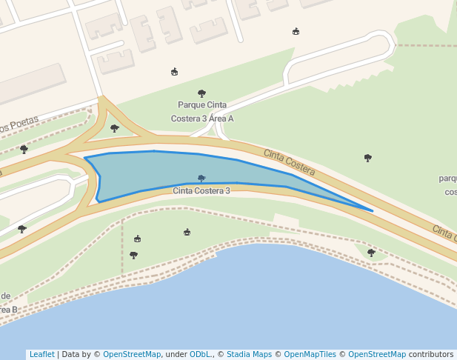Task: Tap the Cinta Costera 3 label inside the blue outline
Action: coord(201,191)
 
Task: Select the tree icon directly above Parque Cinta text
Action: coord(201,93)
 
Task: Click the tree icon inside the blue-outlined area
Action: coord(201,179)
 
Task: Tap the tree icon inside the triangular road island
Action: coord(114,128)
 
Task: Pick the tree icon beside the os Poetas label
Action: coord(24,149)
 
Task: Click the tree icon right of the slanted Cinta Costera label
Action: coord(367,158)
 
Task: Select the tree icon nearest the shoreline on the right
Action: coord(371,253)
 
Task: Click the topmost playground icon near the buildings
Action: coord(296,31)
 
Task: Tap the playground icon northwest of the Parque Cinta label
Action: coord(174,72)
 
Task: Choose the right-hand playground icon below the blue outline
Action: coord(187,233)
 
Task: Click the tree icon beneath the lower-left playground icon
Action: coord(133,255)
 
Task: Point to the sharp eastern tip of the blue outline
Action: coord(372,211)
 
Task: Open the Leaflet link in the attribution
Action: coord(41,355)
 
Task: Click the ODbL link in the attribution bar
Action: coord(199,355)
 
